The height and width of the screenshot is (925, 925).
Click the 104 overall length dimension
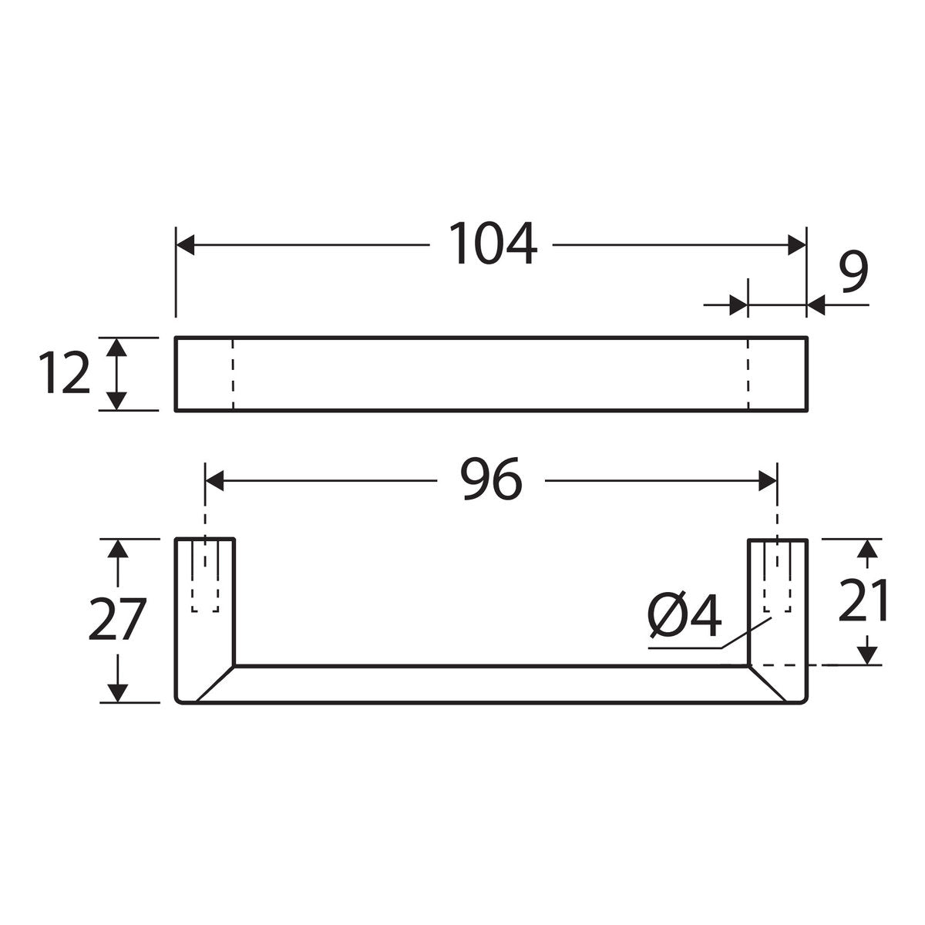(x=493, y=243)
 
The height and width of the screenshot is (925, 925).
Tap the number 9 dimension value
(x=854, y=273)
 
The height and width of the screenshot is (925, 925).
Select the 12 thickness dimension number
(x=64, y=372)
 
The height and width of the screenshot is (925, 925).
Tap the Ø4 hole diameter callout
(x=684, y=616)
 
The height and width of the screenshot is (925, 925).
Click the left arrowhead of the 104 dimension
(x=185, y=245)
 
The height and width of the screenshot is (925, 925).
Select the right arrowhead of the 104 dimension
(x=797, y=245)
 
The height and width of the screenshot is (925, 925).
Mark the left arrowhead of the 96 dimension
(x=214, y=481)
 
